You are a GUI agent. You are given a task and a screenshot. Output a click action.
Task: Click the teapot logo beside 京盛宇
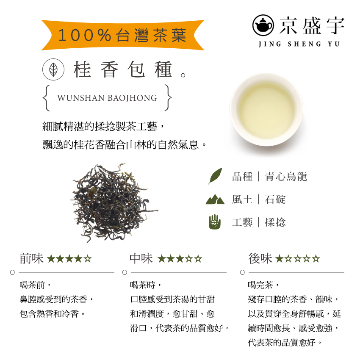[x=263, y=26]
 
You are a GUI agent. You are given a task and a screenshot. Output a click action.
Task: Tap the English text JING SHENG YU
[x=299, y=44]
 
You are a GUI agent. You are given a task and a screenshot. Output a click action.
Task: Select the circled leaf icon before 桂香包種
[x=53, y=70]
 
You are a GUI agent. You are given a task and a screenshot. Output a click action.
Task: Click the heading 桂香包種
[x=123, y=70]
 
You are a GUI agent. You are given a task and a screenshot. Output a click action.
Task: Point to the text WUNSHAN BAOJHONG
[x=107, y=98]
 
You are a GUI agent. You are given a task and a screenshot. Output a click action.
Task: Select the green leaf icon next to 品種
[x=215, y=176]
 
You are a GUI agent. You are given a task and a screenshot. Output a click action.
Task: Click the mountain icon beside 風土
[x=215, y=199]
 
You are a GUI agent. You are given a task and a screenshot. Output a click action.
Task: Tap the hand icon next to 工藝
[x=215, y=222]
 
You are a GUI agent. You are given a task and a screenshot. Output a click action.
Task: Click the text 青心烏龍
[x=286, y=177]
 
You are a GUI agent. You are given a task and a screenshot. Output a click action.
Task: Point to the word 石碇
[x=275, y=199]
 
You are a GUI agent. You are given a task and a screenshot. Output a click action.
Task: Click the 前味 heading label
[x=31, y=258]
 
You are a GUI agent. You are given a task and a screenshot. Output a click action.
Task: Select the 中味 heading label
[x=141, y=258]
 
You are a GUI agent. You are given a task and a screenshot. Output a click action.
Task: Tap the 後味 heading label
[x=260, y=258]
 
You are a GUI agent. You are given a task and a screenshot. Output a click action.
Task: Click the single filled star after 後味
[x=279, y=259]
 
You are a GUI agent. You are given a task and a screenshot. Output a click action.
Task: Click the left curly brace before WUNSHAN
[x=46, y=98]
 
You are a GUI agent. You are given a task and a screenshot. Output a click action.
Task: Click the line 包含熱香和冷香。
[x=53, y=314]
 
